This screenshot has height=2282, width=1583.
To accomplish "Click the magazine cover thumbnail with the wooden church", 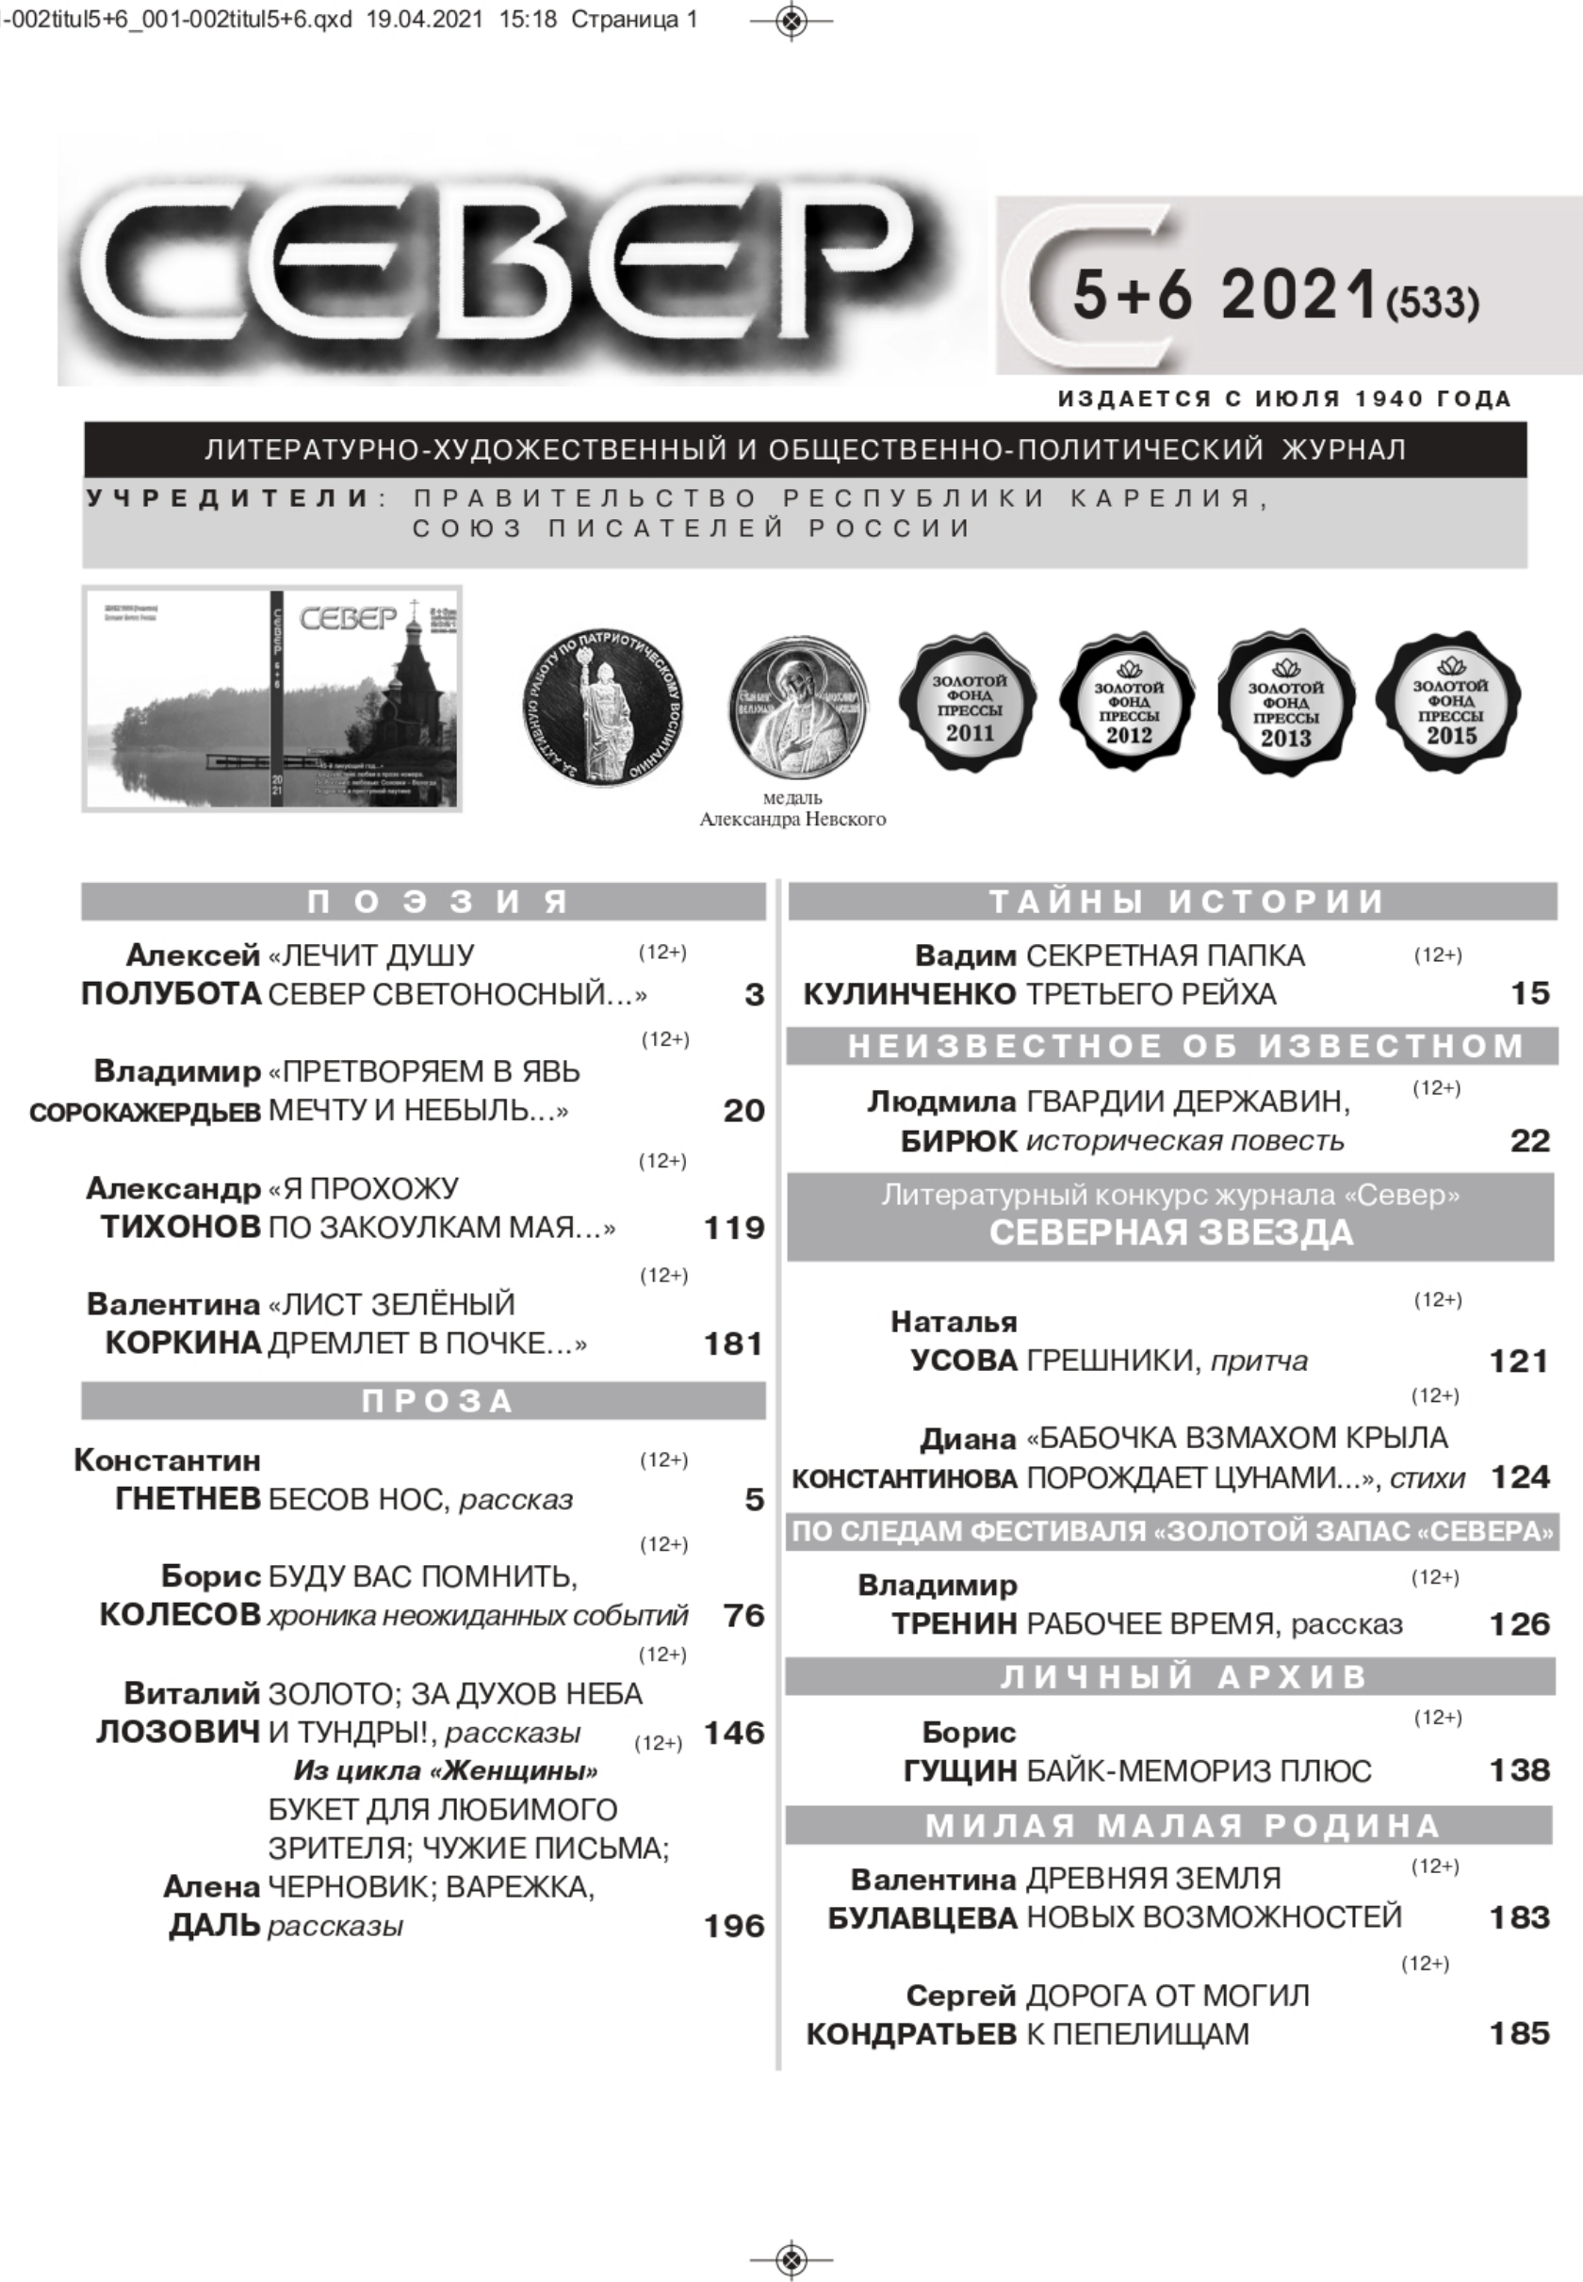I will pos(271,698).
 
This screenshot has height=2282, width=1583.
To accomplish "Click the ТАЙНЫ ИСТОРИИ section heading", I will pos(1170,901).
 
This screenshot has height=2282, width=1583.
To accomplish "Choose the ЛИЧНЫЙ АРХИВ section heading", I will pos(1170,1676).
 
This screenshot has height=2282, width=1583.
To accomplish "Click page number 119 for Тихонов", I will pos(733,1228).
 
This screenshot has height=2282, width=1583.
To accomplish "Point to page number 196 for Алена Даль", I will pos(733,1926).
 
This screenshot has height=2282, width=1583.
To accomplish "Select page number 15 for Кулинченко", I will pos(1528,993).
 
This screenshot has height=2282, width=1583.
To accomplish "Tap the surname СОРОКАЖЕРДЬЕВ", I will pos(145,1112).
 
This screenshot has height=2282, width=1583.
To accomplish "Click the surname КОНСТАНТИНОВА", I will pos(904,1478).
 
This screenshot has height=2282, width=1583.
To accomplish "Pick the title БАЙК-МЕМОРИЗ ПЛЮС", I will pos(1199,1770).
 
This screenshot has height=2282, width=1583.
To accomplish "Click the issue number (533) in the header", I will pos(1431,302).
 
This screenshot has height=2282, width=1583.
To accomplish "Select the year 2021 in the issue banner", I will pos(1298,295).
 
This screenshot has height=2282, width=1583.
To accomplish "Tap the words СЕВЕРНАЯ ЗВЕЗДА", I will pos(1170,1232).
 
